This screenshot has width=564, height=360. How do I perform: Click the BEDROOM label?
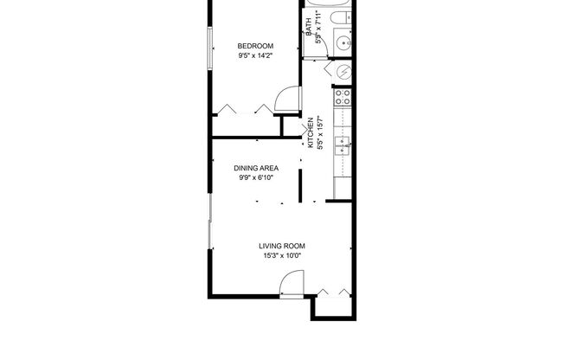[x=256, y=46]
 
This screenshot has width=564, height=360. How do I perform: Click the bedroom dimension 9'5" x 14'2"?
[x=256, y=56]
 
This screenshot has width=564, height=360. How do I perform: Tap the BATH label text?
[x=308, y=27]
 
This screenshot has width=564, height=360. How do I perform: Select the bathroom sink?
[x=344, y=41]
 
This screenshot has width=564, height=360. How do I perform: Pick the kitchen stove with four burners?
[x=343, y=97]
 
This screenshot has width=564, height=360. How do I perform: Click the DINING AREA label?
[x=256, y=168]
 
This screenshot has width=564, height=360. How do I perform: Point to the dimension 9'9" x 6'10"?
[x=256, y=178]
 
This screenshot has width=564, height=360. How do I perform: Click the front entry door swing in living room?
[x=292, y=283]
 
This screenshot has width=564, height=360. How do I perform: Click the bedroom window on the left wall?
[x=208, y=48]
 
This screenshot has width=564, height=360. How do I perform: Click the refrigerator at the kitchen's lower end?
[x=343, y=187]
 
